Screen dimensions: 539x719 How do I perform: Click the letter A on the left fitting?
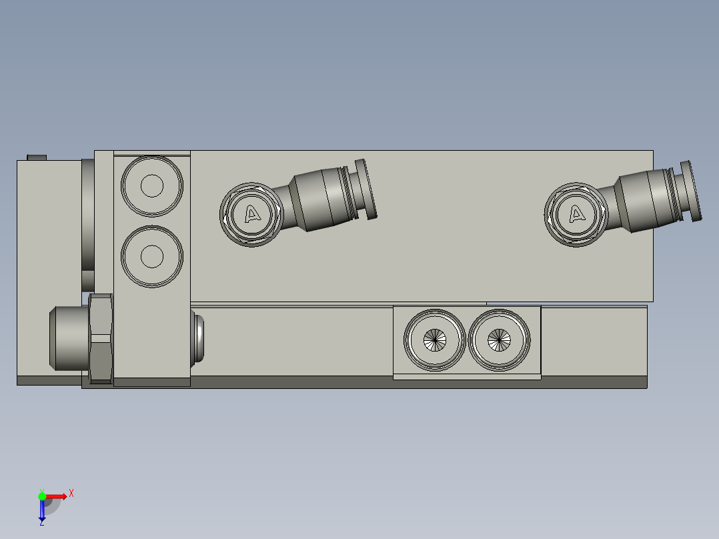point(252,214)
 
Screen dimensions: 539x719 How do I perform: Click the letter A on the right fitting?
point(577,214)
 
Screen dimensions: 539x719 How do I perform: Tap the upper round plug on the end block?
point(152,186)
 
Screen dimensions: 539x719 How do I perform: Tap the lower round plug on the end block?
point(152,256)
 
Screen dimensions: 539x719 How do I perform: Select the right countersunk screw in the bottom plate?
point(499,340)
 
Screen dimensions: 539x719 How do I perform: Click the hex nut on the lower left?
point(100,339)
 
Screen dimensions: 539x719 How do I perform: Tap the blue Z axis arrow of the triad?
point(42,511)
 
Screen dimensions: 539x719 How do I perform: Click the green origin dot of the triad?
point(42,496)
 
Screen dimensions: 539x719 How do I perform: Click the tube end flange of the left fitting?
point(366,189)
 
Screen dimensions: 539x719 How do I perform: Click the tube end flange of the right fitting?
point(690,191)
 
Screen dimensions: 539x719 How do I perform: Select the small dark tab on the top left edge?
point(37,157)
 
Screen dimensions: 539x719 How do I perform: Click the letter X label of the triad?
point(71,493)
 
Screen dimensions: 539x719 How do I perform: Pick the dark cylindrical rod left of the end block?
point(87,223)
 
